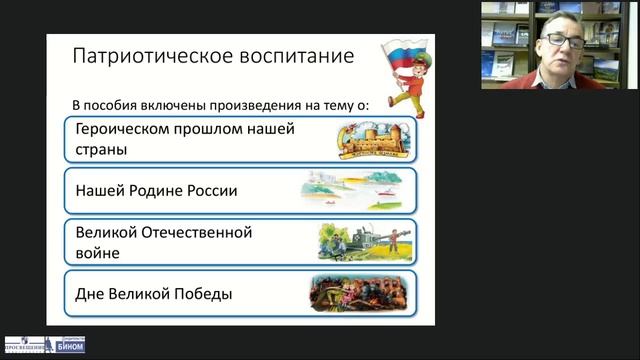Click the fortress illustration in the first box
pyautogui.click(x=371, y=141)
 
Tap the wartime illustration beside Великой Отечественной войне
pyautogui.click(x=359, y=242)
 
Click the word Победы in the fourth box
pyautogui.click(x=204, y=294)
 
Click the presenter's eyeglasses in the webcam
pyautogui.click(x=563, y=41)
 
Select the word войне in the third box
pyautogui.click(x=97, y=253)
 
